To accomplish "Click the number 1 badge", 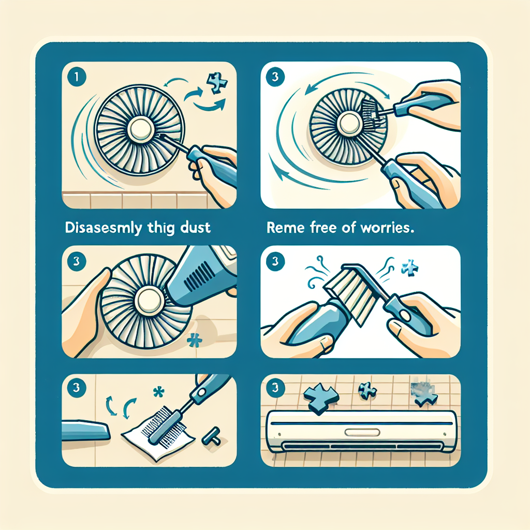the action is point(77,77).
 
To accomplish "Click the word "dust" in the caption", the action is point(195,228).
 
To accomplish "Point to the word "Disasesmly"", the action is point(104,228).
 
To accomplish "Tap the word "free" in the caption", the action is point(322,228).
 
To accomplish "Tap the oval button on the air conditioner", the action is point(362,432).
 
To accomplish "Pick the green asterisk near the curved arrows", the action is point(158,392).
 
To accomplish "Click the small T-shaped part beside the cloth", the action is point(212,436).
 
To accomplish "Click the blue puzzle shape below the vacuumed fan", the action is point(195,340).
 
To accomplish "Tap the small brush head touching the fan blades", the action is point(372,110).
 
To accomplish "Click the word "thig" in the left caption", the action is point(161,228).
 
